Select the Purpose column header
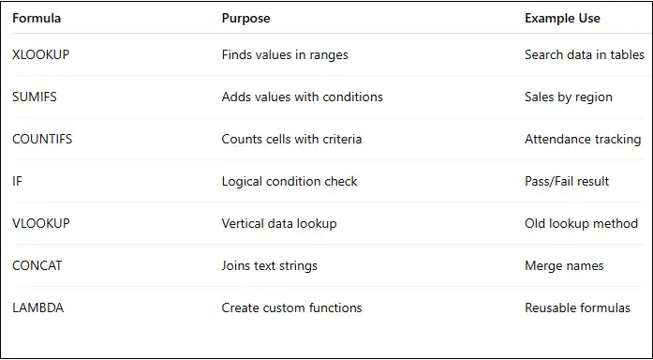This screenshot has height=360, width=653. coord(246,18)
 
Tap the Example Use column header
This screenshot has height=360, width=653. coord(562,18)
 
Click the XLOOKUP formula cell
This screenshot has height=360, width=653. coord(40,54)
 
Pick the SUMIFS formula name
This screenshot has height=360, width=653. coord(35,97)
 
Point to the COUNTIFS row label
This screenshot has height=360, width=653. coord(42,139)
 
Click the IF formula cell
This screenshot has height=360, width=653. coord(17,181)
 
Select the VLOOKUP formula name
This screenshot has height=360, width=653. coord(40,223)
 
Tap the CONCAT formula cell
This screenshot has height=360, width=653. coord(37,265)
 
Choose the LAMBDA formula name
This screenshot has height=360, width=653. coord(38,307)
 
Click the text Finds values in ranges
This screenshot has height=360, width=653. coord(285,54)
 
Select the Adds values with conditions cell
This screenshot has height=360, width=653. coord(302,97)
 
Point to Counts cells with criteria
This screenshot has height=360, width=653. coord(291,139)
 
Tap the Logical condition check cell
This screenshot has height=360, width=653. coord(289,181)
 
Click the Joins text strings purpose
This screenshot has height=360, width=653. coord(270,265)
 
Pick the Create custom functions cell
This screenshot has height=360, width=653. coord(291,307)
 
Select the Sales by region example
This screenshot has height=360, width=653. coord(569,97)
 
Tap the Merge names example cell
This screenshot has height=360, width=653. coord(564,265)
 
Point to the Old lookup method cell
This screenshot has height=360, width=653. coord(581,223)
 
